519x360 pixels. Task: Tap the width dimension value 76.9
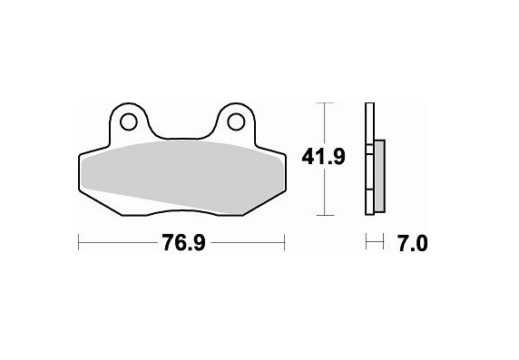pos(181,242)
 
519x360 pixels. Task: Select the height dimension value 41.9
pos(323,157)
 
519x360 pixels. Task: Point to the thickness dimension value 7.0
pos(411,242)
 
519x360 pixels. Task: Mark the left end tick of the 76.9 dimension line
pos(80,242)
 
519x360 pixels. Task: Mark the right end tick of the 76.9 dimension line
pos(285,242)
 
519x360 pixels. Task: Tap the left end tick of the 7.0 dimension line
pos(366,242)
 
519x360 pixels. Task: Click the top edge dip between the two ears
pos(181,139)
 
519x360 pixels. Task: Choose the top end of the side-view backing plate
pos(368,105)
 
